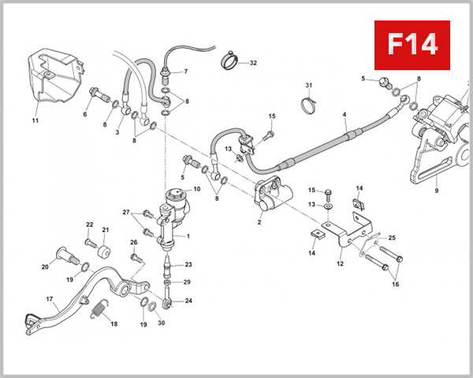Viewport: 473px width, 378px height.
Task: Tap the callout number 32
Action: [253, 62]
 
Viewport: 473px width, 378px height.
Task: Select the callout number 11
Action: [35, 120]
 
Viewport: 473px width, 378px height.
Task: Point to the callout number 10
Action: [196, 189]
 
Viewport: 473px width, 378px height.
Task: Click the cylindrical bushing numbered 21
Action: [102, 250]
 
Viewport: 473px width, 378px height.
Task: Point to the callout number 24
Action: [188, 301]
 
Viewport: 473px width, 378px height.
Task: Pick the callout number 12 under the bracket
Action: [340, 264]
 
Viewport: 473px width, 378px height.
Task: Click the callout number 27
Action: [125, 213]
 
